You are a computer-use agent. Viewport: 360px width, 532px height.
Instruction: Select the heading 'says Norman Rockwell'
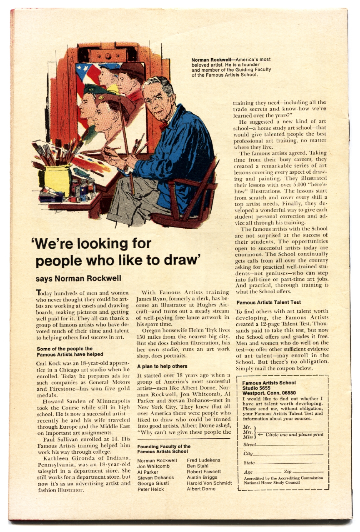[x=78, y=278]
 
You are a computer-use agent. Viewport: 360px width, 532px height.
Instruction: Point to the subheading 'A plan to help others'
[x=162, y=366]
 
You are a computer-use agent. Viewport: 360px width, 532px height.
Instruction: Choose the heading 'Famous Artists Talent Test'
[x=268, y=302]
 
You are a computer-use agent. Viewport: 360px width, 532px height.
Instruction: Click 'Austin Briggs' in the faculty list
[x=202, y=477]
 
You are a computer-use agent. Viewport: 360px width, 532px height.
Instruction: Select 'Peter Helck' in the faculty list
[x=151, y=489]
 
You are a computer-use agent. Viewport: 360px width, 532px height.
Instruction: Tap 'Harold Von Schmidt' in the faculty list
[x=209, y=483]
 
